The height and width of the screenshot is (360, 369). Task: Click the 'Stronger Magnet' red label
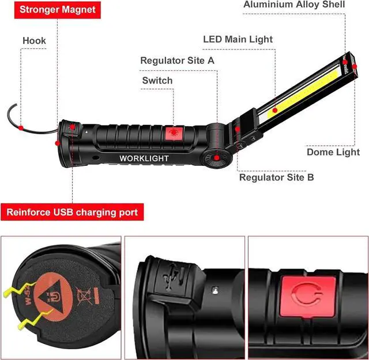pyautogui.click(x=50, y=10)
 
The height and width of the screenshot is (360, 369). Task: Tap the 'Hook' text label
pyautogui.click(x=34, y=41)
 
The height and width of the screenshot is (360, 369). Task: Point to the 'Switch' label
pyautogui.click(x=157, y=80)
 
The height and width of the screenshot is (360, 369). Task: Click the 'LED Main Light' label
pyautogui.click(x=238, y=39)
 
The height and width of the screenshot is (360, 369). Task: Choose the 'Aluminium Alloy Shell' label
pyautogui.click(x=294, y=5)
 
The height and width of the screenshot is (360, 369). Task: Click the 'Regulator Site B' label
pyautogui.click(x=277, y=177)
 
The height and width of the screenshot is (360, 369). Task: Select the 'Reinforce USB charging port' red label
pyautogui.click(x=73, y=213)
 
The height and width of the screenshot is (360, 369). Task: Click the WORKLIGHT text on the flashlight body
pyautogui.click(x=144, y=158)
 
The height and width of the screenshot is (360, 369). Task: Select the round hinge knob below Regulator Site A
pyautogui.click(x=215, y=157)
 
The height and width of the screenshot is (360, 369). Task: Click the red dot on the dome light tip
pyautogui.click(x=344, y=62)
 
